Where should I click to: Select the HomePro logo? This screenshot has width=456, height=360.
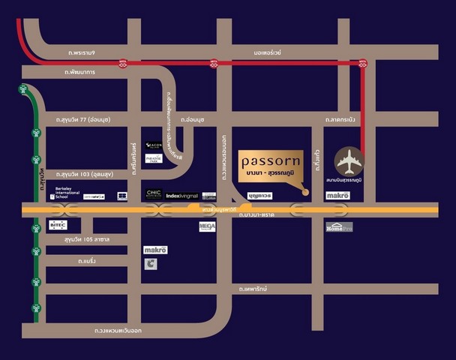click(x=338, y=226)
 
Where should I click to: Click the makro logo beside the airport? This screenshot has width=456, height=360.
click(x=338, y=195)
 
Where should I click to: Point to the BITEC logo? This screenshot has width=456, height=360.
click(x=58, y=224)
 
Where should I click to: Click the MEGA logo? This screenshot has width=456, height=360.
click(x=207, y=226)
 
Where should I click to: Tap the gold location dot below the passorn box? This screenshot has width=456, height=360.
click(x=306, y=192)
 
